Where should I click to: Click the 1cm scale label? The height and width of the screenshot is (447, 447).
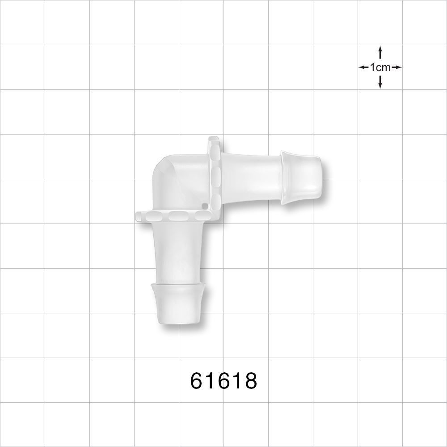[x=380, y=67]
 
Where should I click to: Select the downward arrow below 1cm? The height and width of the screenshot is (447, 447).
[x=380, y=82]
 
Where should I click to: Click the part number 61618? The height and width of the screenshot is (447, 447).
[x=223, y=381]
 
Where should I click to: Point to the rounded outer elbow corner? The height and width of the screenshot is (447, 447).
[x=159, y=168]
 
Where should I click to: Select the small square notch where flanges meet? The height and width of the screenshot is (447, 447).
[x=204, y=206]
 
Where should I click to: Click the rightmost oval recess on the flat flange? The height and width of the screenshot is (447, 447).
[x=198, y=217]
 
